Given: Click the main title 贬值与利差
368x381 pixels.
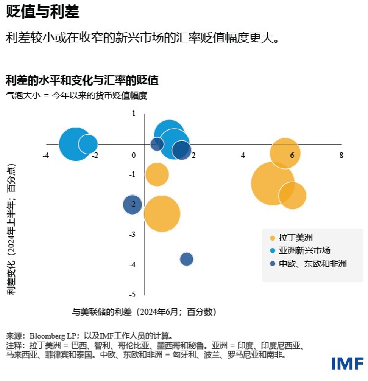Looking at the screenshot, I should (42, 12).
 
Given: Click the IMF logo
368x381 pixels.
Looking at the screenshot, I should (347, 364).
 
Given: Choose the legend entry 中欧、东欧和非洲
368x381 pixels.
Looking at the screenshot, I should (307, 263).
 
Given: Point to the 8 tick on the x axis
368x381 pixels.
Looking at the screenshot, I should (341, 155).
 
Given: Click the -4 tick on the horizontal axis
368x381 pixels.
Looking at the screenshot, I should (45, 155).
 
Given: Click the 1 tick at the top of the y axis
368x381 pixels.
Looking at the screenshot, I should (133, 113).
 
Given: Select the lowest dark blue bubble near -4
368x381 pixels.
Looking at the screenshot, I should (187, 259).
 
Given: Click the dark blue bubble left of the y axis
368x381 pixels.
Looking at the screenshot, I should (133, 205).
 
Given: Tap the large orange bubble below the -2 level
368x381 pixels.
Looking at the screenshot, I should (162, 214).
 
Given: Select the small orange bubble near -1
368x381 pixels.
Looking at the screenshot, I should (157, 174).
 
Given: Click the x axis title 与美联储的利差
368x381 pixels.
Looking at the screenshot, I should (102, 312).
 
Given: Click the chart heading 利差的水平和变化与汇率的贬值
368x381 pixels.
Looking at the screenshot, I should (82, 80).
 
